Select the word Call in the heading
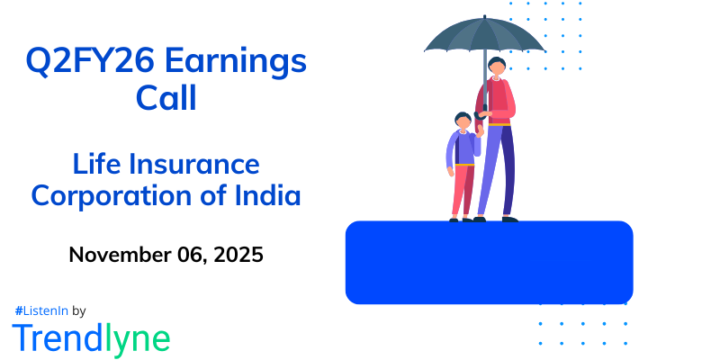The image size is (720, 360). (x=166, y=97)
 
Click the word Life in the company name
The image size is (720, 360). (x=93, y=165)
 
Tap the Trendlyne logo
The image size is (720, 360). (x=91, y=337)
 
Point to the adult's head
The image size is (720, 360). (x=498, y=67)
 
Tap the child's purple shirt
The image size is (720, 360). (x=462, y=148)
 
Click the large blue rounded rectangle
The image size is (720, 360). (x=489, y=262)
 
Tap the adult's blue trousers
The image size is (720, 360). (x=499, y=171)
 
